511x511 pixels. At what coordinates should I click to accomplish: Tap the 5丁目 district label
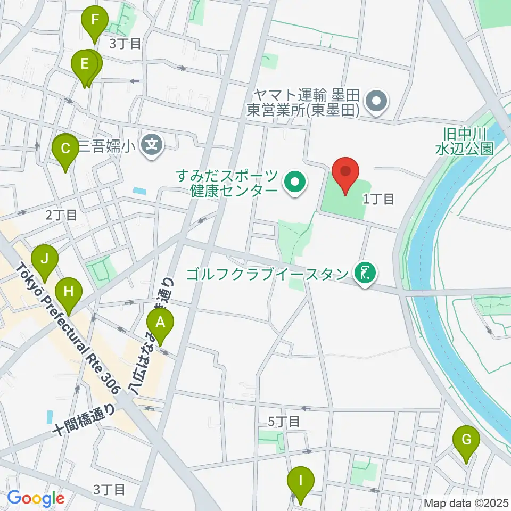click(x=283, y=422)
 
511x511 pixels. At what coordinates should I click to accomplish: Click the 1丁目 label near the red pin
click(x=378, y=199)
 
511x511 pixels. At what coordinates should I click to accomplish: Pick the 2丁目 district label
click(x=61, y=216)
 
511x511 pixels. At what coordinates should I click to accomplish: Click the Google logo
click(x=36, y=498)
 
